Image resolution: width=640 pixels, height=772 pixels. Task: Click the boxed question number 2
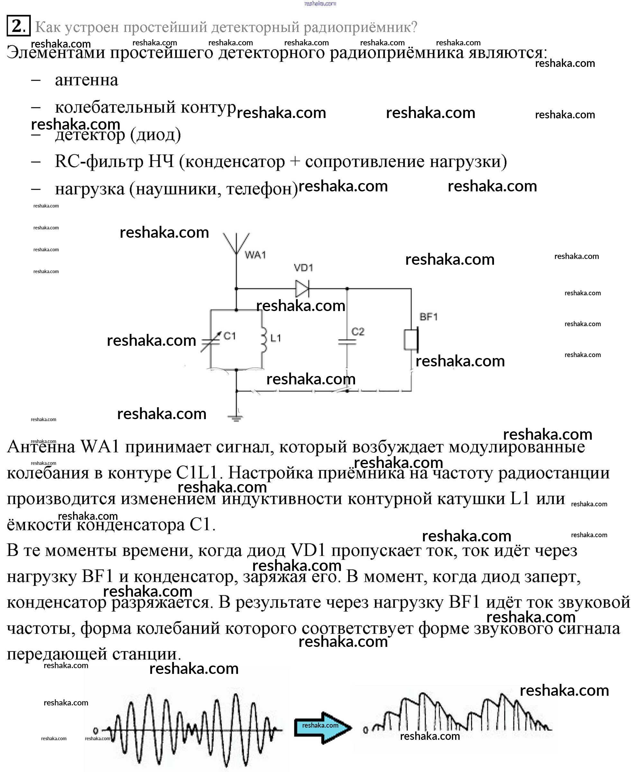(18, 26)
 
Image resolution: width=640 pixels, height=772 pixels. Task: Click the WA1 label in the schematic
(255, 255)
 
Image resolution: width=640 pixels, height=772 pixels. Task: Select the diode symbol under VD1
(302, 289)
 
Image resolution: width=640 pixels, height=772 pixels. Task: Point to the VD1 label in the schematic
(303, 268)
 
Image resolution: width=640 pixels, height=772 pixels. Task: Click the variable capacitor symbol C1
(211, 341)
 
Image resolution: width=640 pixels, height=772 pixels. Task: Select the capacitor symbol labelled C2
(347, 342)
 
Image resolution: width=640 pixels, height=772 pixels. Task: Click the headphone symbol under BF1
(411, 340)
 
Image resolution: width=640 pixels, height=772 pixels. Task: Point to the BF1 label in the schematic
(429, 317)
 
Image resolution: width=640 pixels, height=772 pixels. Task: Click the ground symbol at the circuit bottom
(236, 417)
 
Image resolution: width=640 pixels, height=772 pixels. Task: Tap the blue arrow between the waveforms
(322, 728)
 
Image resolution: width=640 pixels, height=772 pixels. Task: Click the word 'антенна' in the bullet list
(87, 80)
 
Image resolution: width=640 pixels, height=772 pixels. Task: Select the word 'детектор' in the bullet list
(90, 134)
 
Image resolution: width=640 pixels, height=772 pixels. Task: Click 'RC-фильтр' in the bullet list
(99, 161)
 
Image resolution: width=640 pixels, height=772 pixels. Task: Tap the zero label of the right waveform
(365, 730)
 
